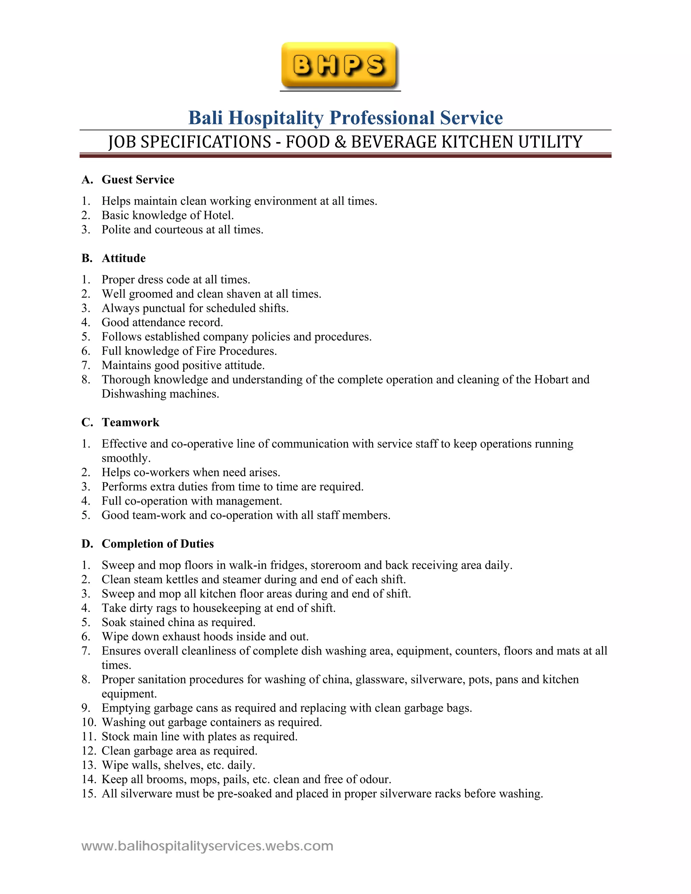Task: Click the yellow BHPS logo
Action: [339, 65]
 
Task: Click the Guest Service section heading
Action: [138, 180]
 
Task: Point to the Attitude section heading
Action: [123, 258]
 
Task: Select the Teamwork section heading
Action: [130, 422]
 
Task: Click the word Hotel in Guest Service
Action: [218, 215]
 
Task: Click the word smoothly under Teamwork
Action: [126, 458]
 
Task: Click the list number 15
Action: [88, 794]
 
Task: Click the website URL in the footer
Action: [207, 846]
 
